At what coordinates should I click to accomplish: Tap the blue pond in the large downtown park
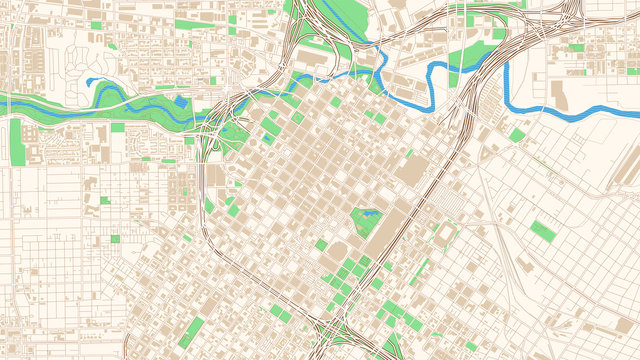pyautogui.click(x=365, y=213)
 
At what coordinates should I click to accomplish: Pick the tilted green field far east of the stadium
pyautogui.click(x=543, y=230)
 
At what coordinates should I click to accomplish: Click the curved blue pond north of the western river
pyautogui.click(x=95, y=83)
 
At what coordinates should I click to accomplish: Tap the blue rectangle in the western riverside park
pyautogui.click(x=181, y=101)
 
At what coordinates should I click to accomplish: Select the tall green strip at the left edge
pyautogui.click(x=16, y=143)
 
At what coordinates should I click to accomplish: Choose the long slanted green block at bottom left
pyautogui.click(x=195, y=329)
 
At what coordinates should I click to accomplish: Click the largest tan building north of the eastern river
pyautogui.click(x=560, y=97)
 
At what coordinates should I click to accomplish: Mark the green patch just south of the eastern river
pyautogui.click(x=516, y=134)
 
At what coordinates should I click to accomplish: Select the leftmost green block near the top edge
pyautogui.click(x=96, y=25)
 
